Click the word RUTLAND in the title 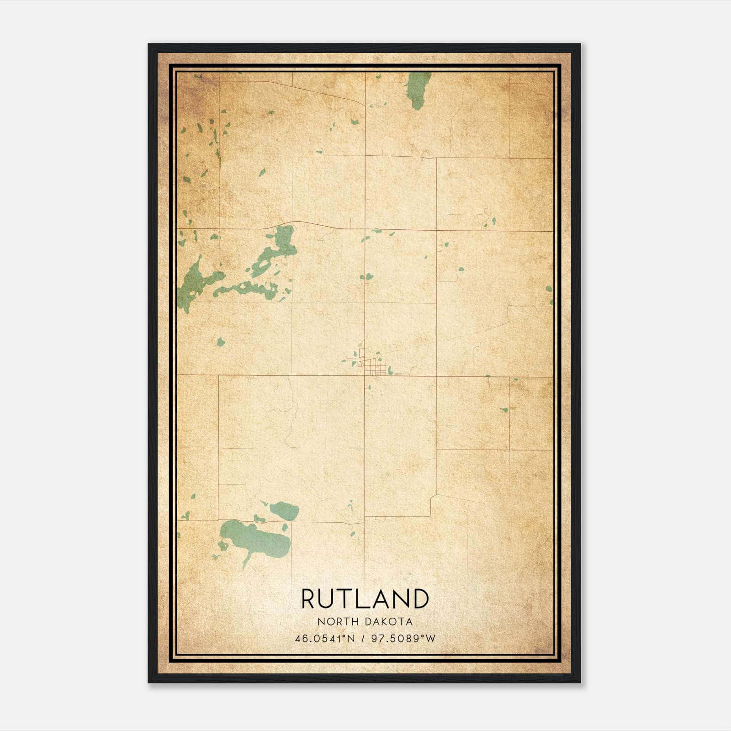point(365,599)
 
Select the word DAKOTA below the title point(390,622)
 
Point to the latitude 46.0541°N point(325,638)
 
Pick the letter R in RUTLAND point(309,599)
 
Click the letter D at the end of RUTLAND point(421,599)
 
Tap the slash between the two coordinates point(363,638)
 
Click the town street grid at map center point(373,366)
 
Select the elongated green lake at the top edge point(418,90)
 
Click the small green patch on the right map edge point(549,289)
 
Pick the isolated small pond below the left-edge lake point(221,342)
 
